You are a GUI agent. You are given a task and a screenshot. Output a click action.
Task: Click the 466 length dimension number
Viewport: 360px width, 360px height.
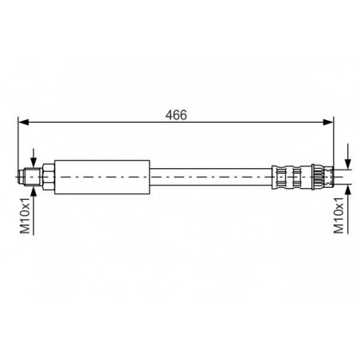176,115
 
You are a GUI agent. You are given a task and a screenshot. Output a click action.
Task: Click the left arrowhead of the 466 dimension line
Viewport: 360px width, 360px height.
23,122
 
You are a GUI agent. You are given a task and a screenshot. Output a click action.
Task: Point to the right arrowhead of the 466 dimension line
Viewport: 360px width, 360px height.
328,122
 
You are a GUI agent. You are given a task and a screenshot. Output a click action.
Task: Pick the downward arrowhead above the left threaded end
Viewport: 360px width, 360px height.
33,162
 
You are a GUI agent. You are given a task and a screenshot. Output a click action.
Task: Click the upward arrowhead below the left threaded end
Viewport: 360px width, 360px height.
33,191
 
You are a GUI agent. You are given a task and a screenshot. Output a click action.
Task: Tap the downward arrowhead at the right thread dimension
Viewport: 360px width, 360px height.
348,164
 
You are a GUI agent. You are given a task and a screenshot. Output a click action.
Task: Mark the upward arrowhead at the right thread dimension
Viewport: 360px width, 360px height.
348,190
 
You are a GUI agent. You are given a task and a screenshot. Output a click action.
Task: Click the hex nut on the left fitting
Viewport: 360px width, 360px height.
49,177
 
